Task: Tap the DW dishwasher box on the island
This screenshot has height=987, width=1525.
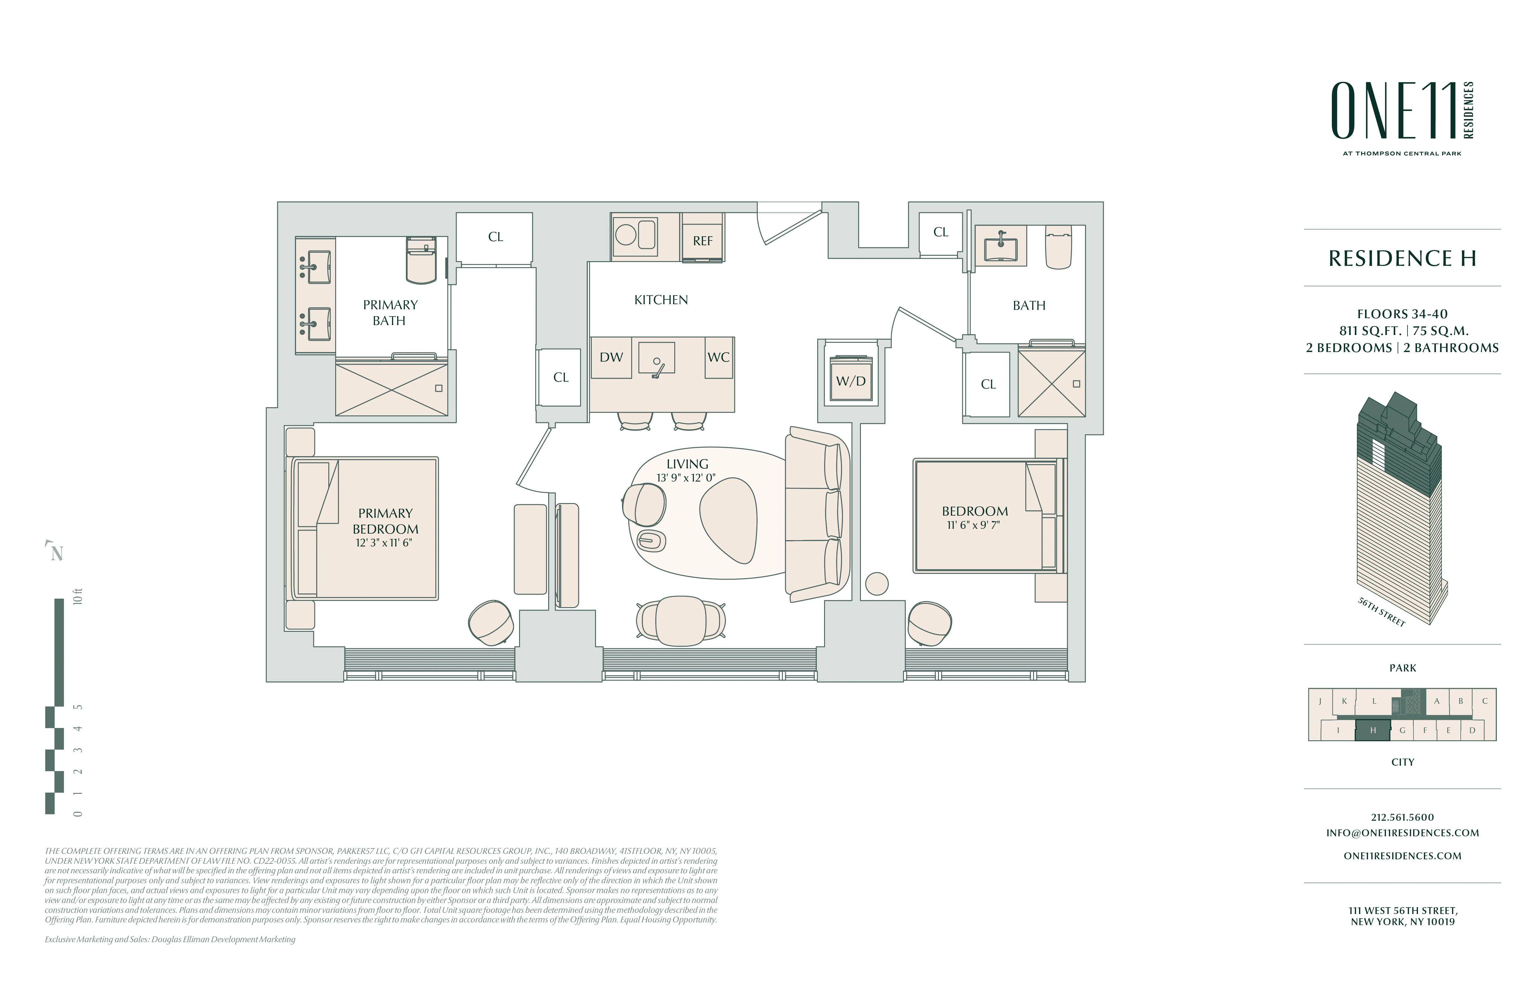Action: click(x=611, y=358)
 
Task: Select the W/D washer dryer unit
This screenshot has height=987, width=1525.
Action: click(x=851, y=381)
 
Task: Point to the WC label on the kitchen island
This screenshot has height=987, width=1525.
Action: click(x=718, y=358)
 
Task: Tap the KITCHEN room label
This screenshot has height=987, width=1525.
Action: click(x=661, y=300)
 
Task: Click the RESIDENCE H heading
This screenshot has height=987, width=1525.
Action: click(x=1402, y=258)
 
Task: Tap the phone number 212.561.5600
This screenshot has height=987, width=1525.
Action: click(x=1402, y=817)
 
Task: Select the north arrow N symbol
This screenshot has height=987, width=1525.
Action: click(x=57, y=552)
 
